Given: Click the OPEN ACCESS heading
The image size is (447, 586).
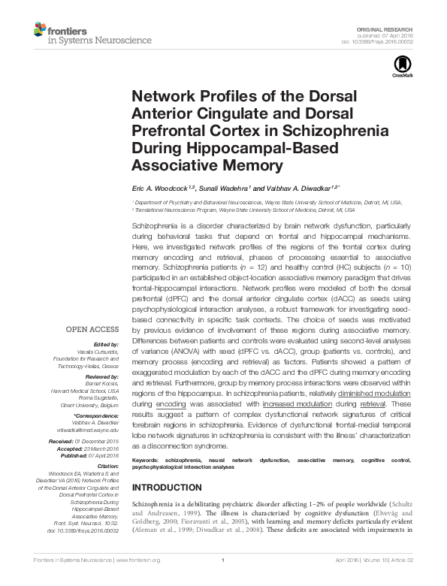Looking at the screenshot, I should (x=92, y=329).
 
